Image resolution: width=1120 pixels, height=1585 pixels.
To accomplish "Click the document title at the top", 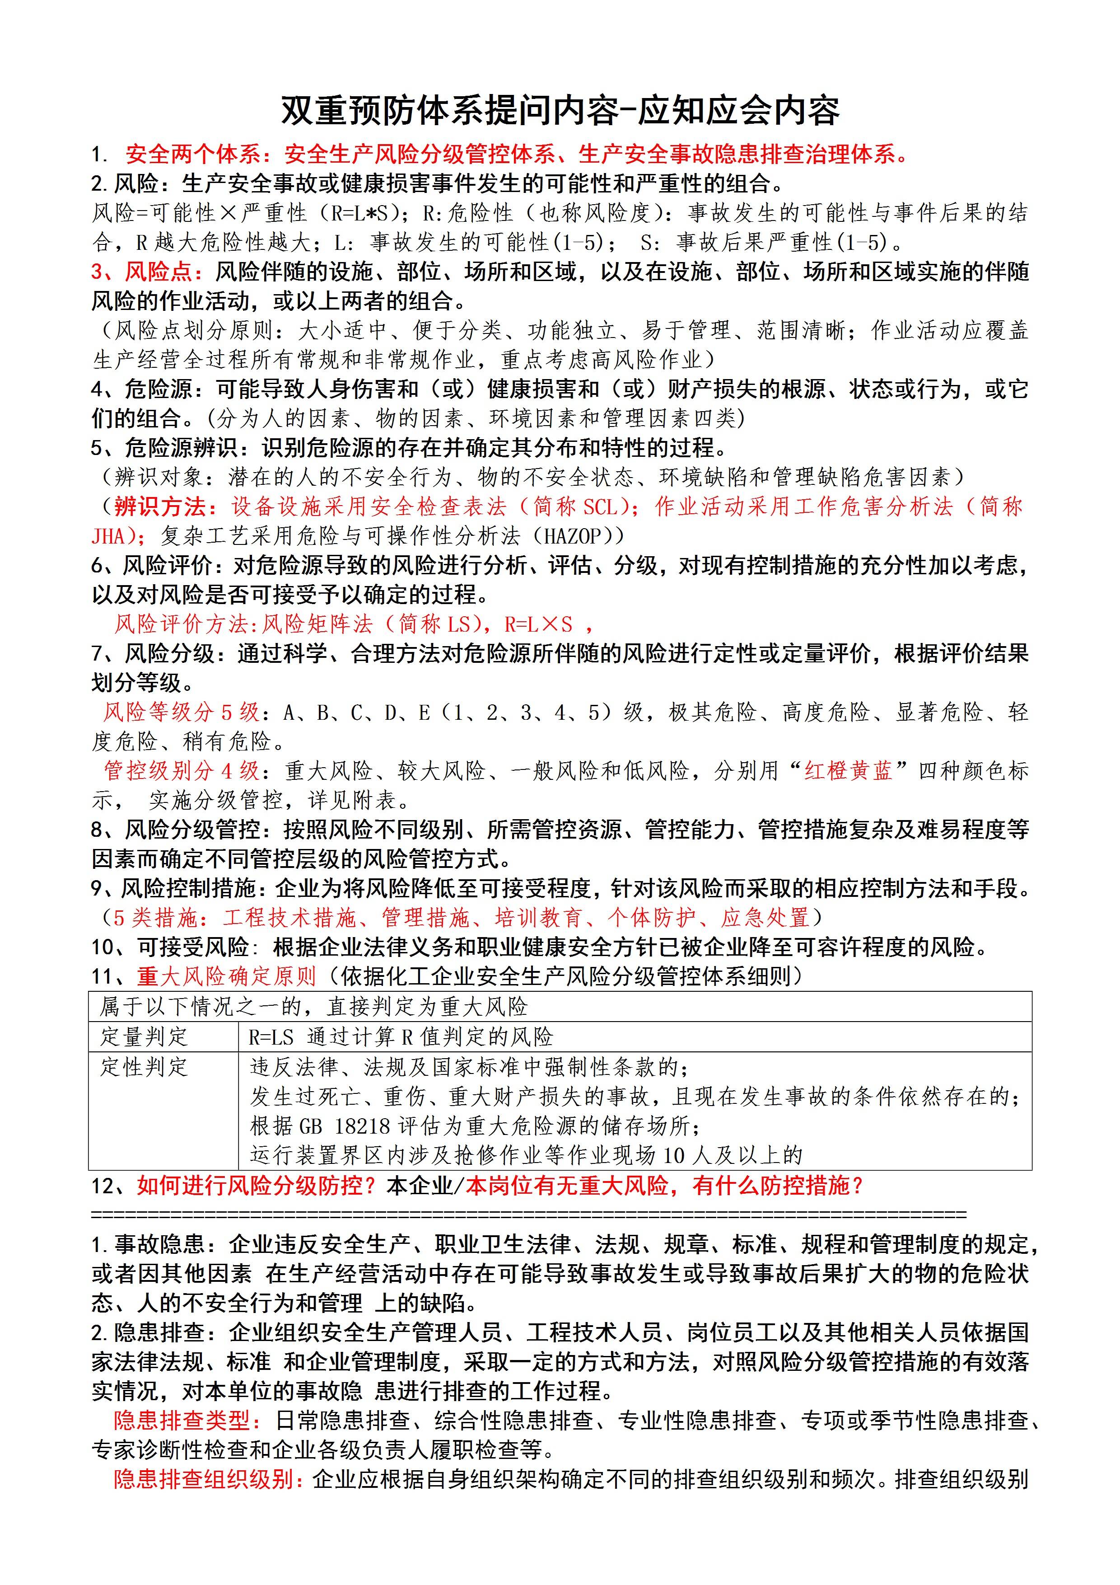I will tap(560, 110).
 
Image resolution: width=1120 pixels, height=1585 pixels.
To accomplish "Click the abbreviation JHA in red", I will tap(108, 536).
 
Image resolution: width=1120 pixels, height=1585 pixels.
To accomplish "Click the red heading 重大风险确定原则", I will tap(226, 976).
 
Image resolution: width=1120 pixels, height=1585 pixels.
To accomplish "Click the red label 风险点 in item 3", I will tap(157, 272).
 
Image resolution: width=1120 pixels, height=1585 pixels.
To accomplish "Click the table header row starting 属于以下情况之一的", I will tap(560, 1007).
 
